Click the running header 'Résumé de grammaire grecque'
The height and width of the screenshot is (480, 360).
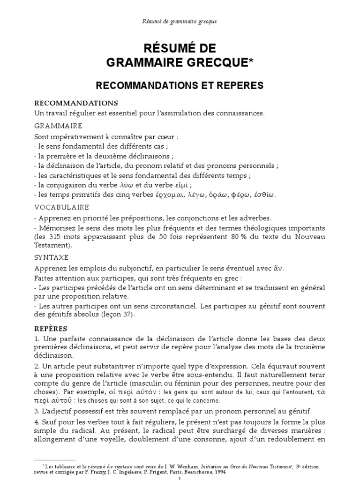[x=180, y=22]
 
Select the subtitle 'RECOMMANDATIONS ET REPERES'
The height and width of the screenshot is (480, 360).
[x=180, y=85]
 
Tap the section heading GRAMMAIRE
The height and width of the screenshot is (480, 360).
[x=58, y=126]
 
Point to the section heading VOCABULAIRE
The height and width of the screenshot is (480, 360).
[x=61, y=207]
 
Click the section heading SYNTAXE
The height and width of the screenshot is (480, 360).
[x=52, y=257]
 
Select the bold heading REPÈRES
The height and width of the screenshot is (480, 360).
[x=51, y=328]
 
